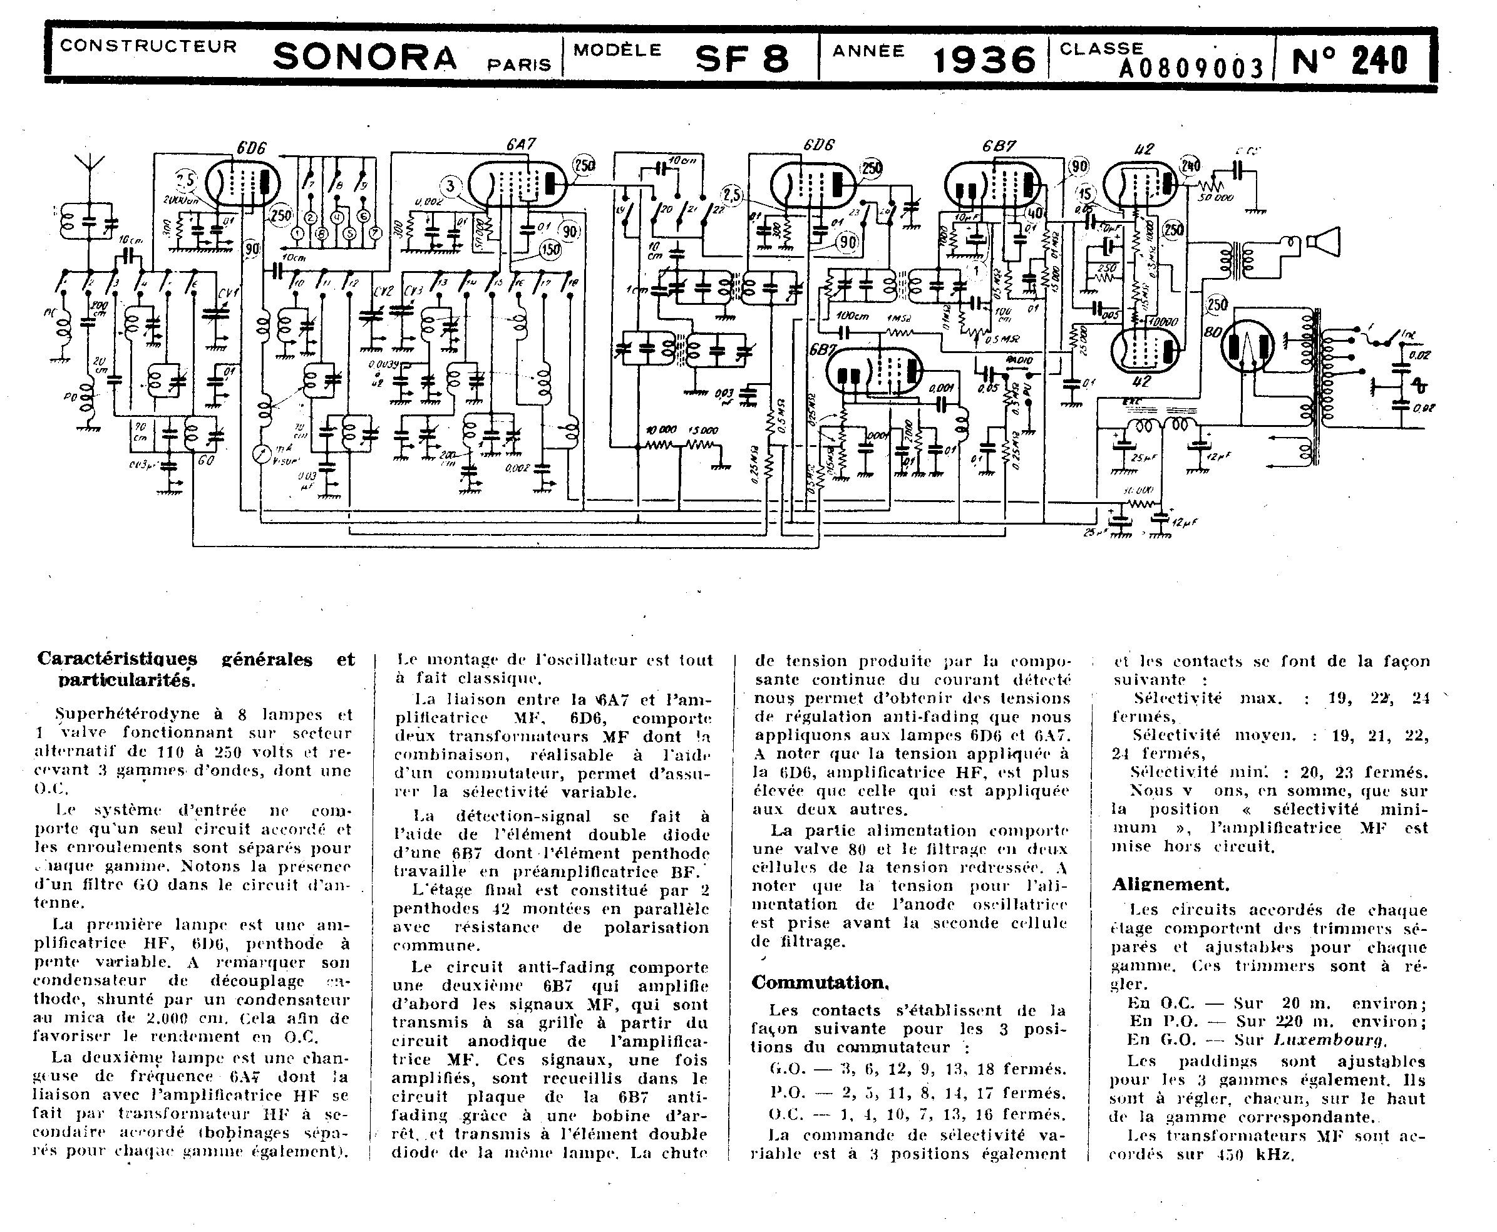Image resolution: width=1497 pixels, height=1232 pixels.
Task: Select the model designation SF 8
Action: point(741,59)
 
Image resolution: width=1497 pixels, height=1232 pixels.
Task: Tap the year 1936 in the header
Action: point(984,60)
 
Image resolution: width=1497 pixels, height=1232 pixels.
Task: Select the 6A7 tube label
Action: point(520,144)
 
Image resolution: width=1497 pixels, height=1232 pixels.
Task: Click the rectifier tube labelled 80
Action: point(1247,346)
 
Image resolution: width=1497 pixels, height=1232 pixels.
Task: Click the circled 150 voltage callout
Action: point(550,249)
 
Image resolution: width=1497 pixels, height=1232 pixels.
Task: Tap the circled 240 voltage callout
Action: point(1190,166)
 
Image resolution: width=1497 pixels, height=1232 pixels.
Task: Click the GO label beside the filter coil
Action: point(207,461)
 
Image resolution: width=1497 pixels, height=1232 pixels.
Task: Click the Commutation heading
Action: point(820,982)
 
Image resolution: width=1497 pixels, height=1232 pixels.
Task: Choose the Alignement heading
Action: point(1170,885)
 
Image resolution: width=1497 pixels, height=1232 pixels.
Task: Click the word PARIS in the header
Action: point(519,64)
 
